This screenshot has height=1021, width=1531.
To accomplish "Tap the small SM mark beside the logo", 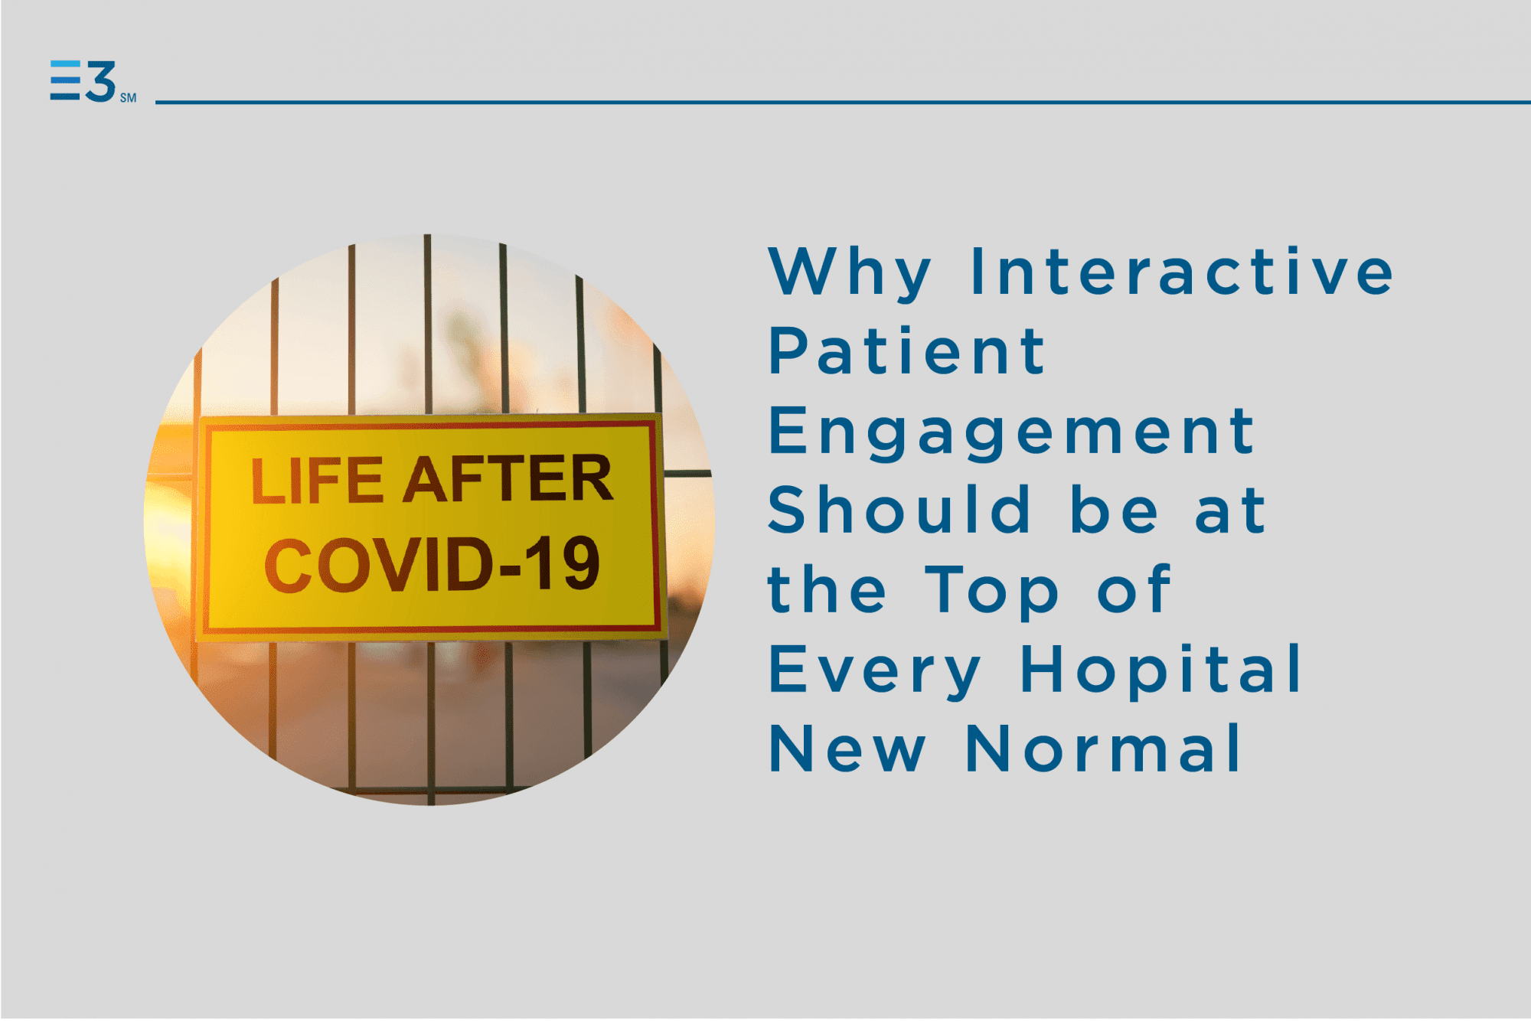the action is [x=128, y=98].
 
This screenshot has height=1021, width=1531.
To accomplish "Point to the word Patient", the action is [x=907, y=351].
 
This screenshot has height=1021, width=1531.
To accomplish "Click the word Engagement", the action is [x=1011, y=434].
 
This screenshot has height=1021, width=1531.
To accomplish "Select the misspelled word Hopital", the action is [x=1161, y=670].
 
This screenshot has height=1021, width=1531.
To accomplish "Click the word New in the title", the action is [x=847, y=749].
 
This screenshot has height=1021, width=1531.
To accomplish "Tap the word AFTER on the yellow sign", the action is [x=508, y=478].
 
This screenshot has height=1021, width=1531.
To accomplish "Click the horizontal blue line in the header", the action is [x=843, y=102].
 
